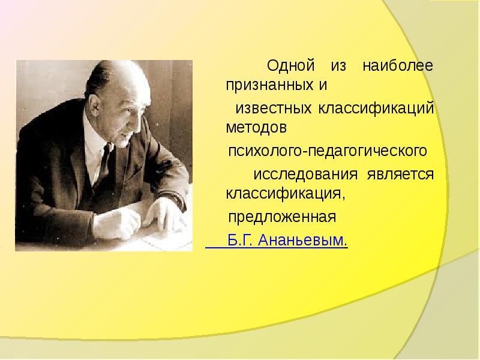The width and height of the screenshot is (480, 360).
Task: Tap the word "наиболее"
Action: coord(398,65)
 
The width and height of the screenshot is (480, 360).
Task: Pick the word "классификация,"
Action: coord(286,194)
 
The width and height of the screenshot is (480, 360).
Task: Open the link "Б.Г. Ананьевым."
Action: coord(287,241)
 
